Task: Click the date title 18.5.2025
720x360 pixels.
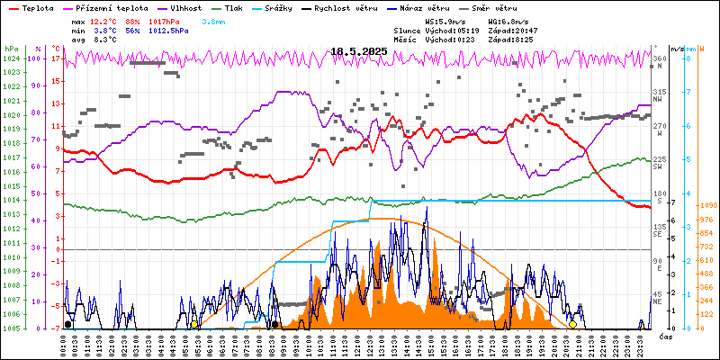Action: point(358,52)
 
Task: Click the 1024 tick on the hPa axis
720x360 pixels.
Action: point(11,58)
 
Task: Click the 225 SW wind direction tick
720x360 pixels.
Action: point(660,163)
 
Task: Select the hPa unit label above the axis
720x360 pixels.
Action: point(11,49)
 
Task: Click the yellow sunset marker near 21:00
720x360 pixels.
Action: point(572,324)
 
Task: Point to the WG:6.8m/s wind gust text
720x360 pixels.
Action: point(508,20)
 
